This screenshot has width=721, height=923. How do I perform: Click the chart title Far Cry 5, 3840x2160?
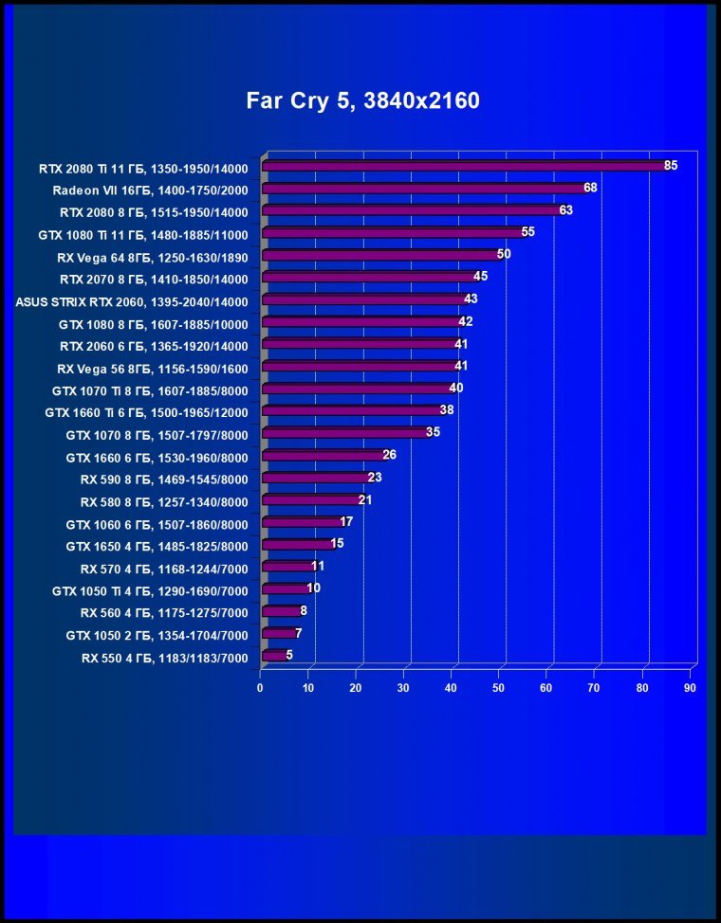pos(363,100)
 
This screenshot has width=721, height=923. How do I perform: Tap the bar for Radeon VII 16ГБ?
pos(423,189)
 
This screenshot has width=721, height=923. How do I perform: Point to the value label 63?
pos(565,210)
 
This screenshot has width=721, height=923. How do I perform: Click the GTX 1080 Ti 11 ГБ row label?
pos(142,234)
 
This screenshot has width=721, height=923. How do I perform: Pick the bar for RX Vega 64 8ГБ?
pos(379,255)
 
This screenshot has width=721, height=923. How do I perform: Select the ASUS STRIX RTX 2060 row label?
pos(132,302)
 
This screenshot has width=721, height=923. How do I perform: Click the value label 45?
pos(480,277)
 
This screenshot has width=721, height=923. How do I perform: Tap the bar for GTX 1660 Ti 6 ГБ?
pos(351,410)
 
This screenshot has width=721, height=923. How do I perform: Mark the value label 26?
pos(389,455)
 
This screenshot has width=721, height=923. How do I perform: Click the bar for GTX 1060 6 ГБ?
pos(301,521)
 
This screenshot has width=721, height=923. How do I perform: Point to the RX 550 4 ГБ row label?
pos(164,658)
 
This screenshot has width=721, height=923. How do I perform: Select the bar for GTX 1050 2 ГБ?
pos(277,633)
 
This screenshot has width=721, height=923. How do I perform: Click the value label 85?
pos(671,166)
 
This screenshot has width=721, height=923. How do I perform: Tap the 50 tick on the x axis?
pos(499,687)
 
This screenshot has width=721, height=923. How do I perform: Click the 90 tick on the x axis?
pos(691,687)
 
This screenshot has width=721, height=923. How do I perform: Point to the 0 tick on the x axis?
pos(261,687)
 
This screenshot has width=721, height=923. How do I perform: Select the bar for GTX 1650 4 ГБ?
pos(296,544)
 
